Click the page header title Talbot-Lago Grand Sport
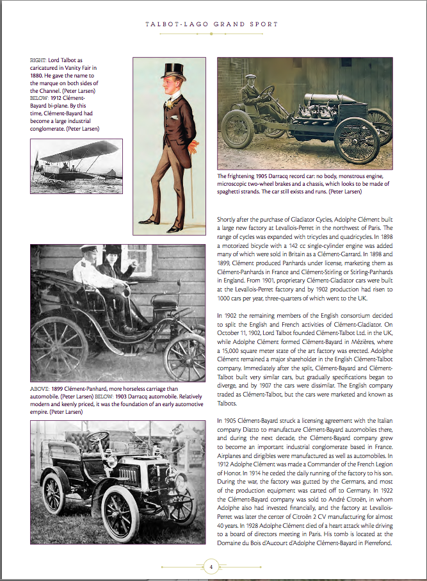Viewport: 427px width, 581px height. tap(211, 24)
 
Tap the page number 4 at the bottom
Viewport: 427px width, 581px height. tap(211, 566)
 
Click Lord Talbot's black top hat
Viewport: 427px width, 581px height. tap(171, 70)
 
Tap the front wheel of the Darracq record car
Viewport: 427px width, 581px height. tap(357, 139)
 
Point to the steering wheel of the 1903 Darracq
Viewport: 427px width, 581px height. tap(98, 438)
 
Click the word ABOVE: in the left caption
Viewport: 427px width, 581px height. tap(40, 389)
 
